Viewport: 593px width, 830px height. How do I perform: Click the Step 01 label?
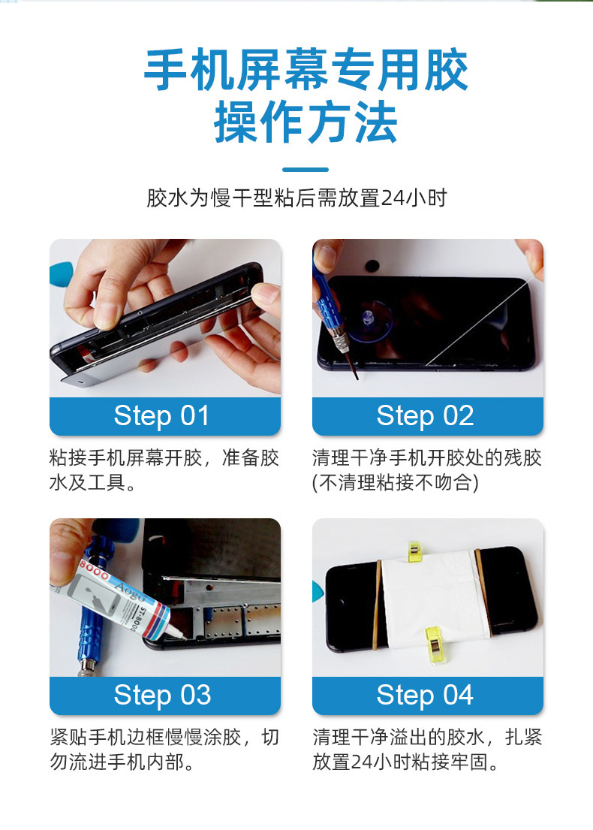[162, 416]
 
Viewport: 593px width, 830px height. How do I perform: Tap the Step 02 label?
[425, 416]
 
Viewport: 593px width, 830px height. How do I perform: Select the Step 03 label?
[162, 695]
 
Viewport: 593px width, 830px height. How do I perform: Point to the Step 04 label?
[425, 695]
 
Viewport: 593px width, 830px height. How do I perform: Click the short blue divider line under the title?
[306, 170]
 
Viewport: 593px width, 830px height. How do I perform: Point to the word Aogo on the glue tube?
[131, 592]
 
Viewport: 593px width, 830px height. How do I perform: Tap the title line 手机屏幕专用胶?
[306, 70]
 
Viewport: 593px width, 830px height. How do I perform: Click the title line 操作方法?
[306, 122]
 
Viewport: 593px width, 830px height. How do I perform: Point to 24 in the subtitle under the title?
[392, 198]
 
